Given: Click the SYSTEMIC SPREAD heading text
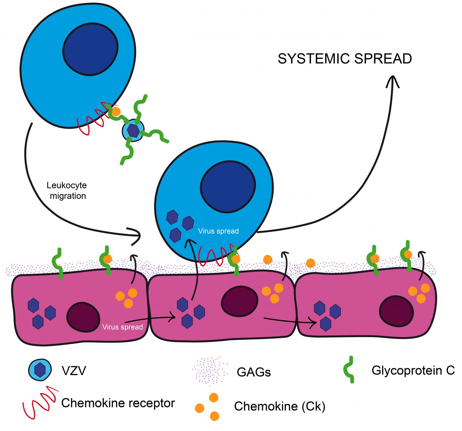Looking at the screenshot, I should (345, 59).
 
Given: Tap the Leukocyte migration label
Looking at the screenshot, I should (67, 191).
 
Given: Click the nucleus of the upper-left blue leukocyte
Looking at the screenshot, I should (90, 49).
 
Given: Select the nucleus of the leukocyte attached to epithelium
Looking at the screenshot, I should (228, 187).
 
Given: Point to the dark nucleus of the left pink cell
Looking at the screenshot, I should (83, 317).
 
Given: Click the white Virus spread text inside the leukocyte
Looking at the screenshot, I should (218, 231).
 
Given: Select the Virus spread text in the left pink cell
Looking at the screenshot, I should (123, 327).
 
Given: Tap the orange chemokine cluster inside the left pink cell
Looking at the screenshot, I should (126, 298).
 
